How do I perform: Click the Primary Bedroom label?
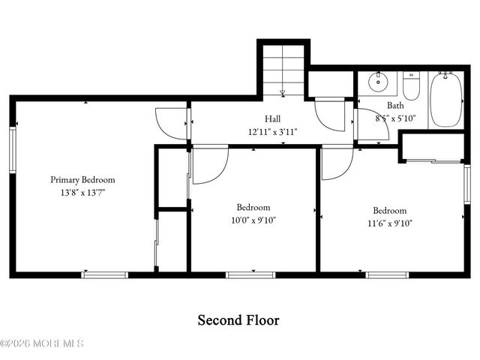click(82, 180)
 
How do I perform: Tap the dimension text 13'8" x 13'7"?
click(82, 193)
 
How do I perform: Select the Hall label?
click(273, 119)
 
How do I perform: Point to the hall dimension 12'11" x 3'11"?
click(273, 131)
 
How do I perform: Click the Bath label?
click(395, 106)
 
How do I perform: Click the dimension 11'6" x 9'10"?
click(390, 223)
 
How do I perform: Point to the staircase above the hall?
click(283, 70)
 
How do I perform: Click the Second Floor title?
click(238, 320)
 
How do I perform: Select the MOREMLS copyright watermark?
click(42, 343)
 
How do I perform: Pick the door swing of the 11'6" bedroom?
click(337, 163)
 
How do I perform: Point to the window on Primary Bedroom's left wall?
click(12, 150)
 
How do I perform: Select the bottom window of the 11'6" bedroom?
click(387, 274)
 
